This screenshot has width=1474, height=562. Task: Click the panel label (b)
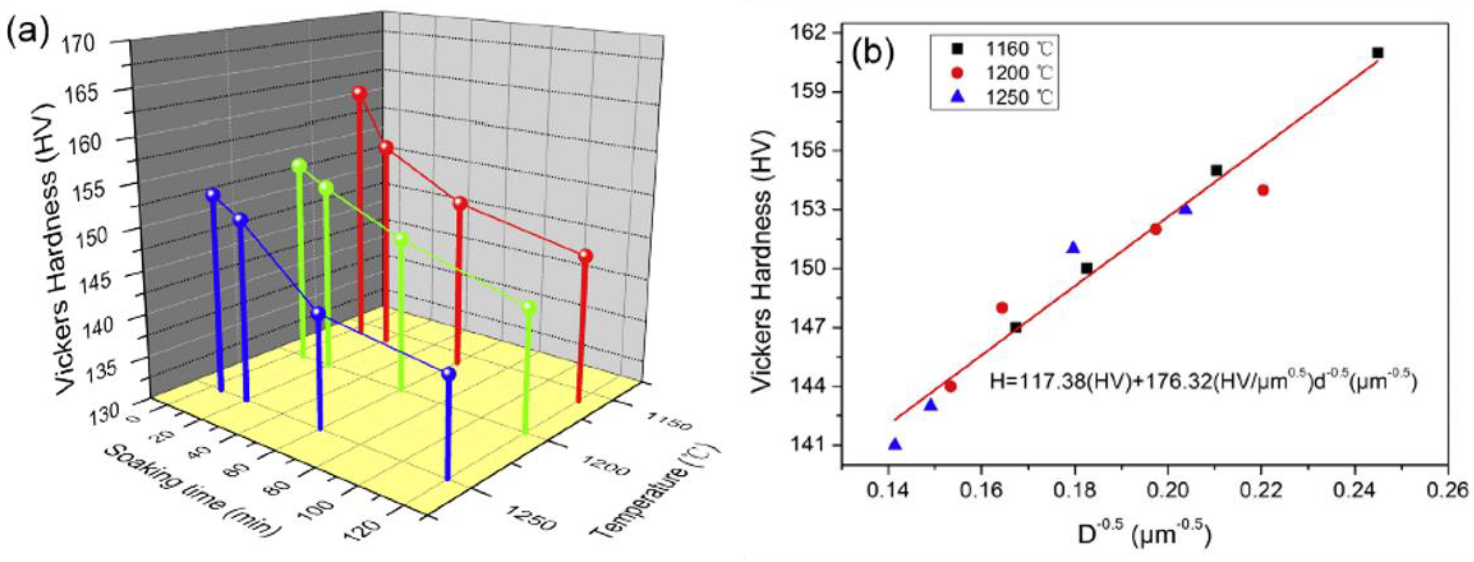point(872,53)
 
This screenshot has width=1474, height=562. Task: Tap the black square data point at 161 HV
point(1378,53)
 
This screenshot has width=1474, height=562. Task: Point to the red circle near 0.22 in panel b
point(1263,190)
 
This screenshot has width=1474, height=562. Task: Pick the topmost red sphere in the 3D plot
point(359,93)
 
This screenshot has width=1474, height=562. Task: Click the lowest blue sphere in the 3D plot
point(448,374)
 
